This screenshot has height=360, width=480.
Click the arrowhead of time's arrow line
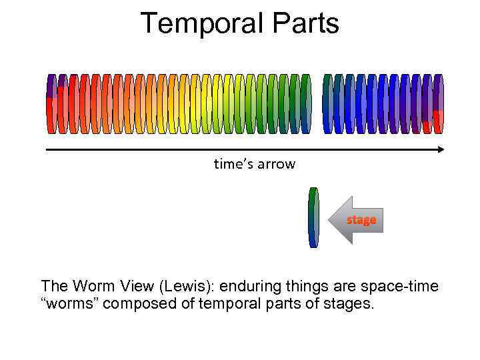(x=441, y=150)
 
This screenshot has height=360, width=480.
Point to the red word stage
(x=361, y=219)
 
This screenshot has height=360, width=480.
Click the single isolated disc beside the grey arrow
(x=313, y=218)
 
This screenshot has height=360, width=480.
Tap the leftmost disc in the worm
(x=51, y=104)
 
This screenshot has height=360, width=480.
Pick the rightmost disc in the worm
(x=438, y=104)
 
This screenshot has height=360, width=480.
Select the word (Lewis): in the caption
(x=183, y=287)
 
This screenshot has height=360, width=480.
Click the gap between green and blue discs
(x=317, y=104)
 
